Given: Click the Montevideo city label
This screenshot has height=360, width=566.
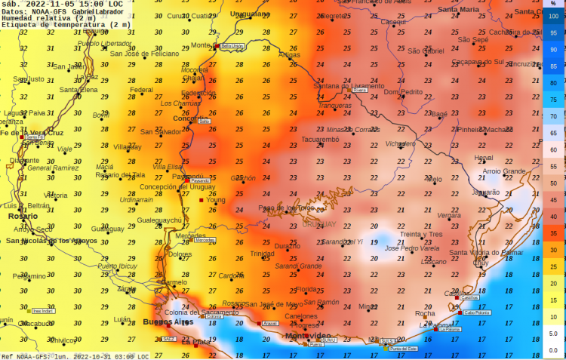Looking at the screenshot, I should (x=307, y=335).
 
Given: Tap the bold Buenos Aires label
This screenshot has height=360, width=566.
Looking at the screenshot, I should (x=168, y=322).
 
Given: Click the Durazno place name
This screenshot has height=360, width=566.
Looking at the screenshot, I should (x=287, y=246).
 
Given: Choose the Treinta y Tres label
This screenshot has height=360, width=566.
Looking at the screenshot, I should (x=421, y=234).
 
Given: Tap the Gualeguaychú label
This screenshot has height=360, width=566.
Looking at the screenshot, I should (x=159, y=220).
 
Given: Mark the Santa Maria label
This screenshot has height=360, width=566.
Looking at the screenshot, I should (x=458, y=9).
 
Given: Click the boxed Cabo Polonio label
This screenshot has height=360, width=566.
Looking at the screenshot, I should (x=477, y=312).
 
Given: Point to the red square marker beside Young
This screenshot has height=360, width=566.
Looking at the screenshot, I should (x=201, y=201).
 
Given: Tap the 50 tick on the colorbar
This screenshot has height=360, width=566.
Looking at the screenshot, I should (x=553, y=183).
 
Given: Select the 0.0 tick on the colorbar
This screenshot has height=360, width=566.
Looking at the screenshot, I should (x=553, y=350).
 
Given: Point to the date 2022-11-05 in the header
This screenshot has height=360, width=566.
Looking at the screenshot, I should (x=54, y=4).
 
